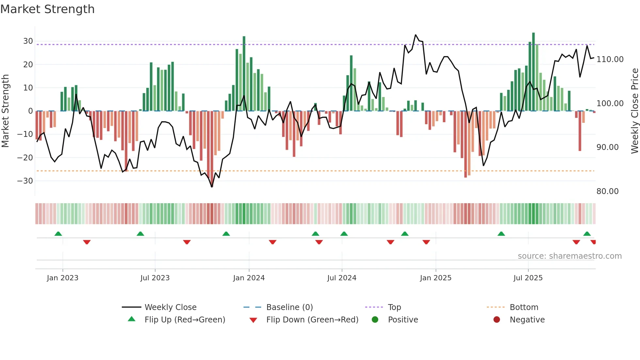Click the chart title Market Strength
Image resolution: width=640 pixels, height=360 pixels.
click(x=47, y=9)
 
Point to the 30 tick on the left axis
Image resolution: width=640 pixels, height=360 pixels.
click(x=28, y=41)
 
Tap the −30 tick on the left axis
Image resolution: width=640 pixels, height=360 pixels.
click(x=25, y=181)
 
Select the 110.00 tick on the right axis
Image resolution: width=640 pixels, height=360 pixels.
click(x=610, y=59)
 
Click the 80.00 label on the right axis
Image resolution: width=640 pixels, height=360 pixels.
click(x=607, y=191)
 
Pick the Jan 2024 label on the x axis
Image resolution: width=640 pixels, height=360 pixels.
click(x=249, y=278)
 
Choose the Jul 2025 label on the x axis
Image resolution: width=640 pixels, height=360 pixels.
click(x=528, y=278)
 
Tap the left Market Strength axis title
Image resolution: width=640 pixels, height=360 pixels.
click(x=5, y=111)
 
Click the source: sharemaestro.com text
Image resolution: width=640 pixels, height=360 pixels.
click(x=569, y=256)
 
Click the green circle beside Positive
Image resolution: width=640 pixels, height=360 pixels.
click(x=375, y=320)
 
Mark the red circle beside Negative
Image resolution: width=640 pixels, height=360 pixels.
click(x=497, y=320)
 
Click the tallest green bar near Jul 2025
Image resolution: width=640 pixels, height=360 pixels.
click(x=533, y=72)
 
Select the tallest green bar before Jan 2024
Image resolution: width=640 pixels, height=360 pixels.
click(x=244, y=74)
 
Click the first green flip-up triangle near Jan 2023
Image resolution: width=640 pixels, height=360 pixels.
click(x=58, y=234)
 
